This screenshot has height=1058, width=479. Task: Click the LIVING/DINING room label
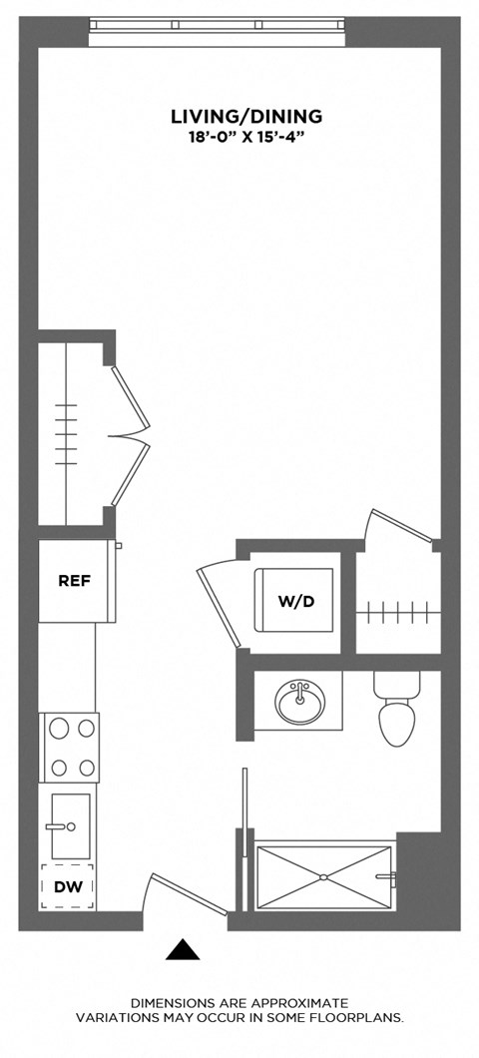click(245, 118)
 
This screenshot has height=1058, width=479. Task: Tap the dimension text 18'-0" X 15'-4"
click(245, 137)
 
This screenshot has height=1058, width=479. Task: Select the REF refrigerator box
click(77, 581)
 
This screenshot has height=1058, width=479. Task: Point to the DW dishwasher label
click(68, 886)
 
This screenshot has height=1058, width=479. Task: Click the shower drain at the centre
click(323, 878)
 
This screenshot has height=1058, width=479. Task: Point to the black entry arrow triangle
click(182, 949)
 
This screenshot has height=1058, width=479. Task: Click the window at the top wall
click(217, 31)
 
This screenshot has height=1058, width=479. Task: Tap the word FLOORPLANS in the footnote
click(362, 1018)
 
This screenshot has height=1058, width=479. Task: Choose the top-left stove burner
click(56, 728)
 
